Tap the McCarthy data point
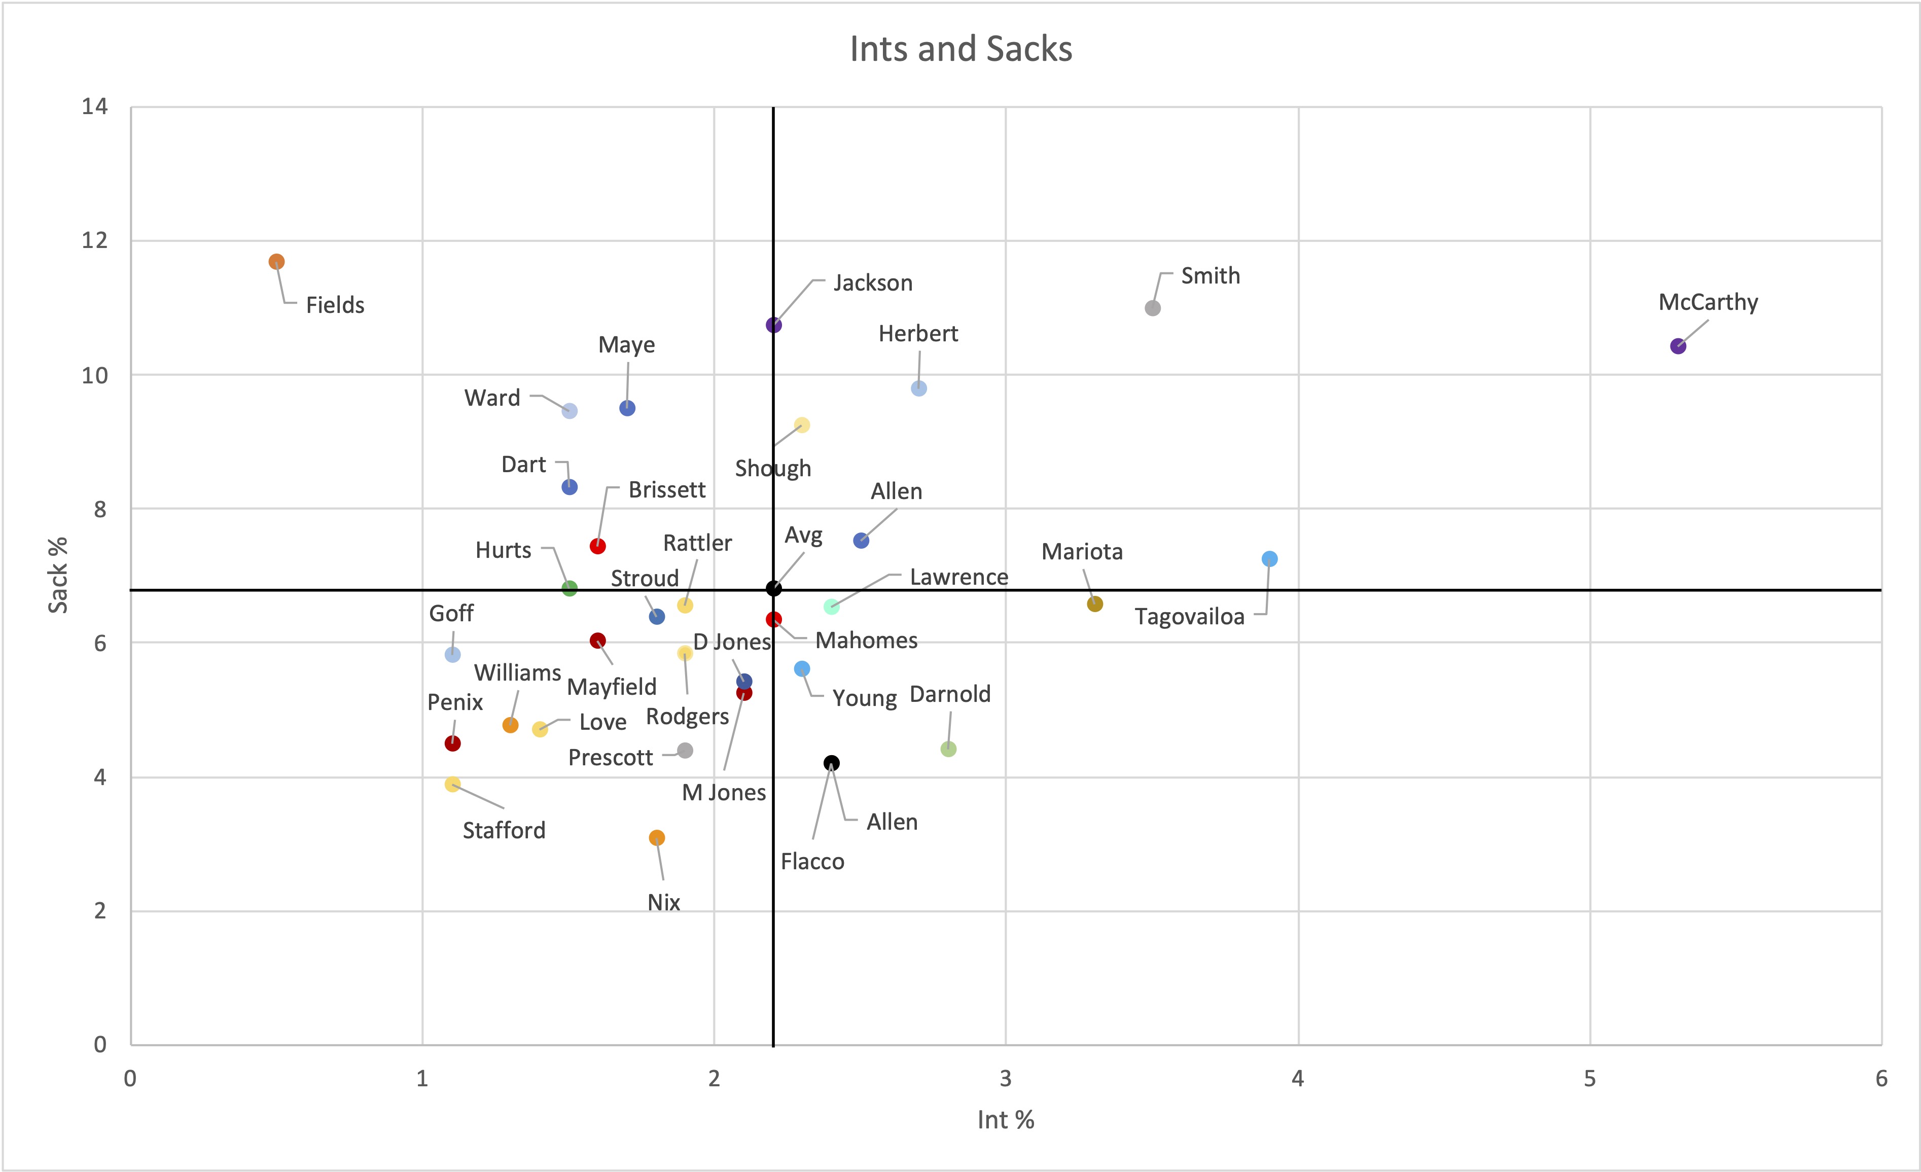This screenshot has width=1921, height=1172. [1678, 346]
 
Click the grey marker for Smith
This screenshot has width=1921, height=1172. [1152, 308]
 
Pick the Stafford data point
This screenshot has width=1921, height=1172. [452, 784]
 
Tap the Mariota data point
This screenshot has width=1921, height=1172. [1094, 603]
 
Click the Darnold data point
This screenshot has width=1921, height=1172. [948, 749]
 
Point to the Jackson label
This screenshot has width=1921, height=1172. [872, 283]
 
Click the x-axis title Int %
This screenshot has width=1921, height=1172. [1006, 1120]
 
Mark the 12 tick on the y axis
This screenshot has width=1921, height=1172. [95, 240]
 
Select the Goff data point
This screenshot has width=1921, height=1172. [452, 654]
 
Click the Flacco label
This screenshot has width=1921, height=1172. [812, 862]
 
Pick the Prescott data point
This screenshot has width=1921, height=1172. [685, 750]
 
